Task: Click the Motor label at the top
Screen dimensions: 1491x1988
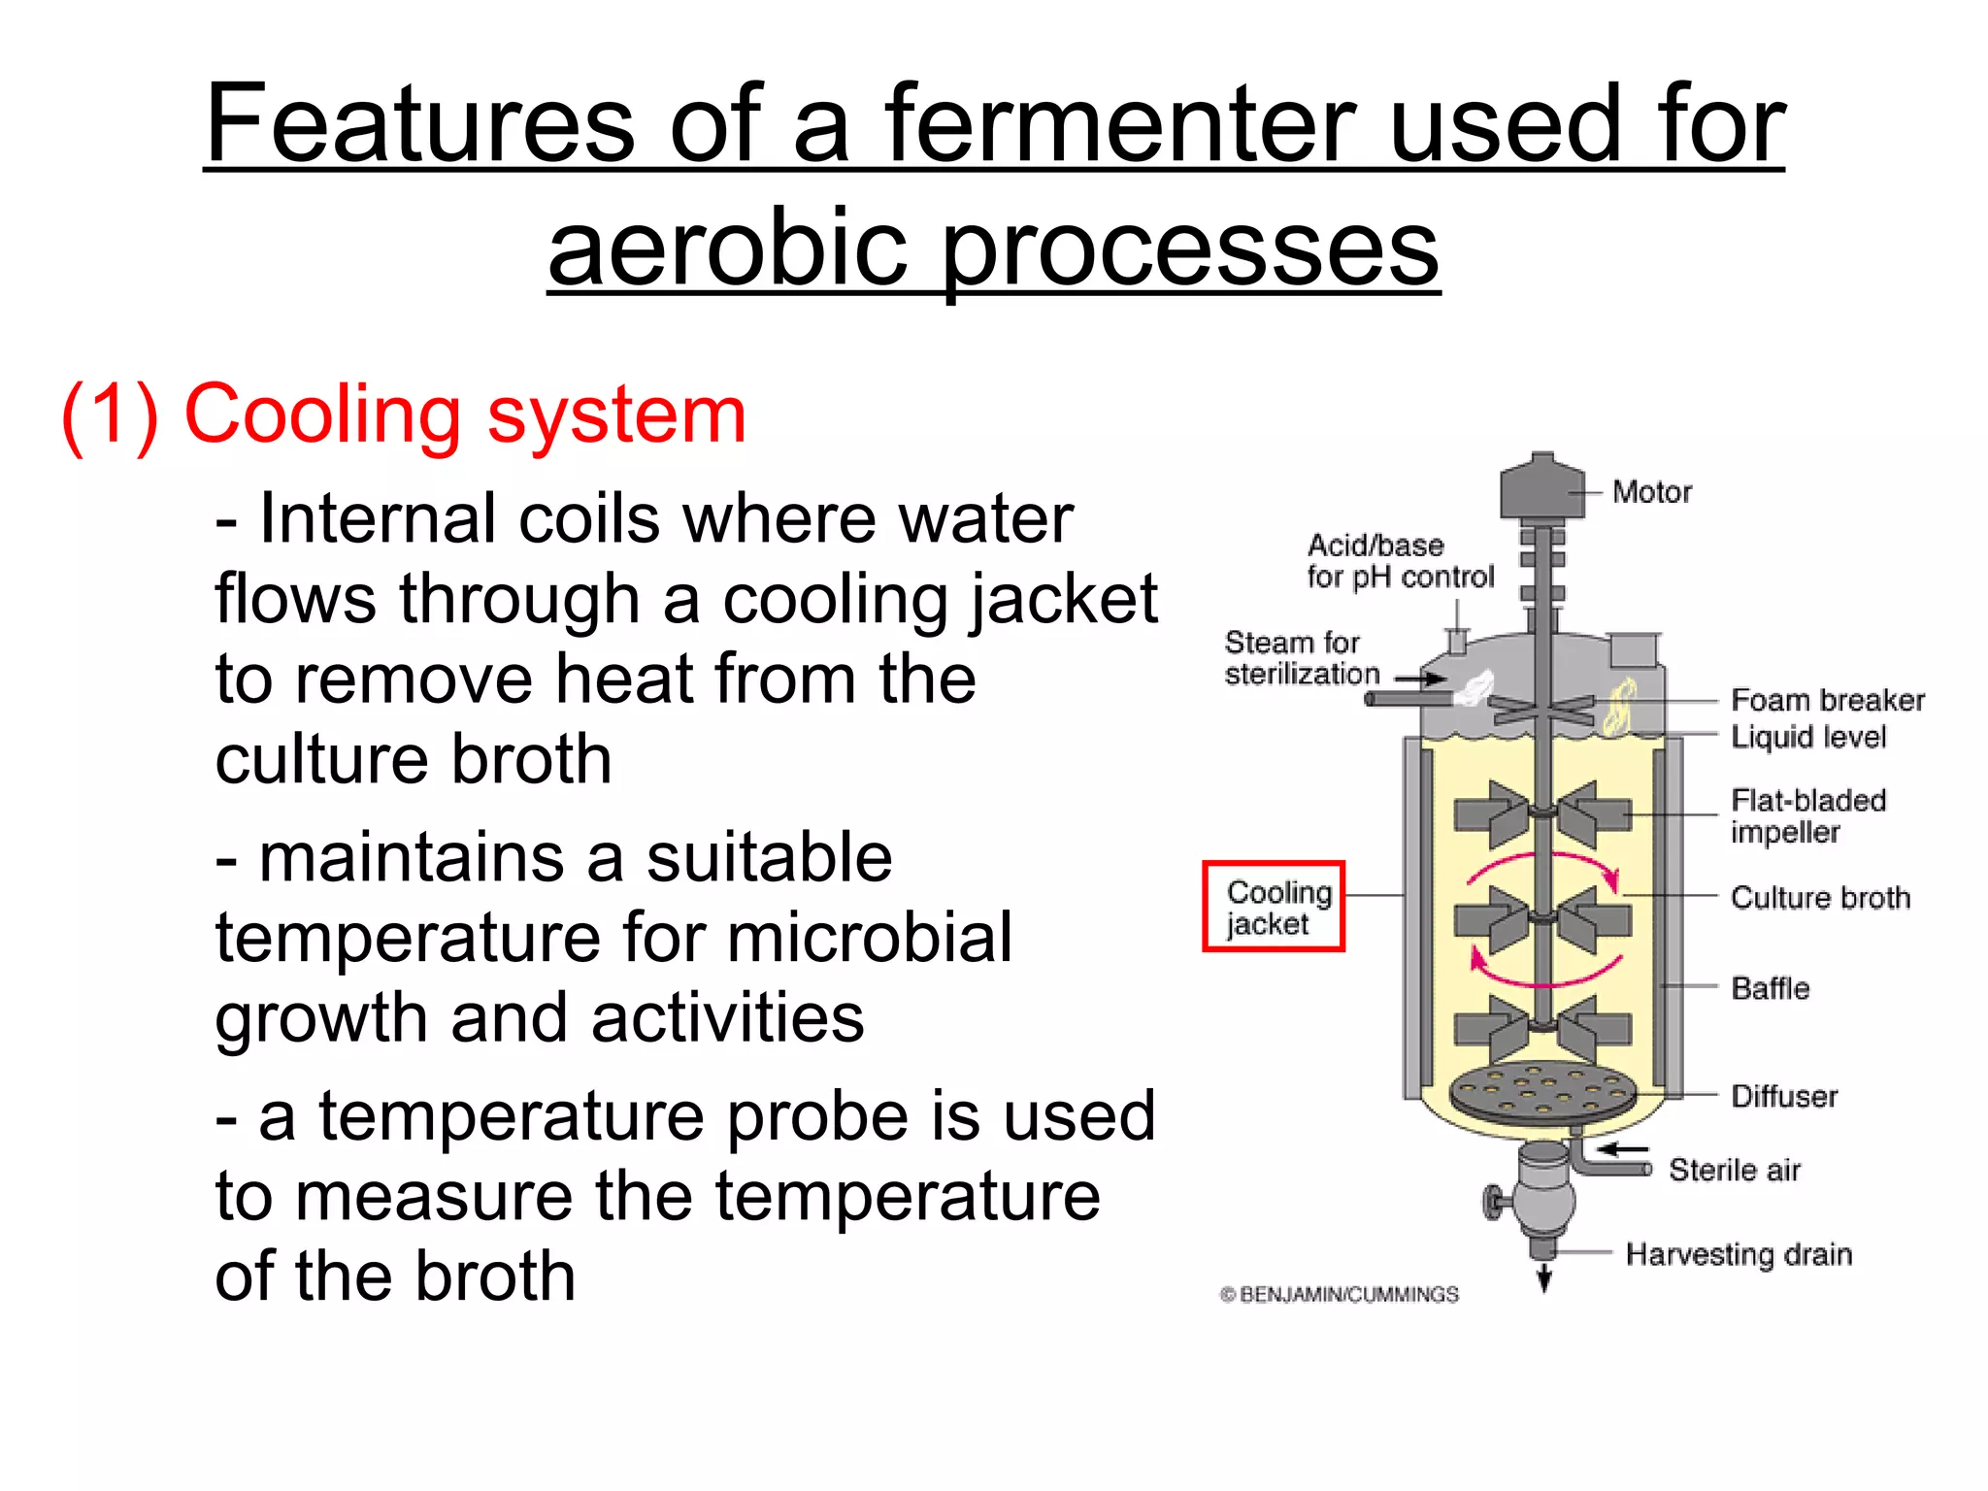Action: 1651,492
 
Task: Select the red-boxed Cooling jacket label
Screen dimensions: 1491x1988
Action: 1274,907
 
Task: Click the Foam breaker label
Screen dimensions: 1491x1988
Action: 1827,700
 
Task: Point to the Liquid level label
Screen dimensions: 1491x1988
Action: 1808,737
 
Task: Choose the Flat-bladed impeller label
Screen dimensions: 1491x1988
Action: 1807,815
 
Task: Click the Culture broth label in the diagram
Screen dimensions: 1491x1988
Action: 1820,898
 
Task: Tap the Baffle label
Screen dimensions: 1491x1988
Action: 1770,988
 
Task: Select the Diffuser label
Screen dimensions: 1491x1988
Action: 1784,1096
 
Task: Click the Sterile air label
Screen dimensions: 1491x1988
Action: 1735,1170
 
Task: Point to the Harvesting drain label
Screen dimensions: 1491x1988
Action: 1739,1254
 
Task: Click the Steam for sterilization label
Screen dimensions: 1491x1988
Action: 1301,657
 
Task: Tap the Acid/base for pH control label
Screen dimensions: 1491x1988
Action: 1400,561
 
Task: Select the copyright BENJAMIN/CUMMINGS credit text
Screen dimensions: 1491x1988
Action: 1340,1294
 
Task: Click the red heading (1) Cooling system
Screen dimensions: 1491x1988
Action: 403,414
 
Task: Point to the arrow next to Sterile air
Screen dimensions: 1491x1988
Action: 1623,1149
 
